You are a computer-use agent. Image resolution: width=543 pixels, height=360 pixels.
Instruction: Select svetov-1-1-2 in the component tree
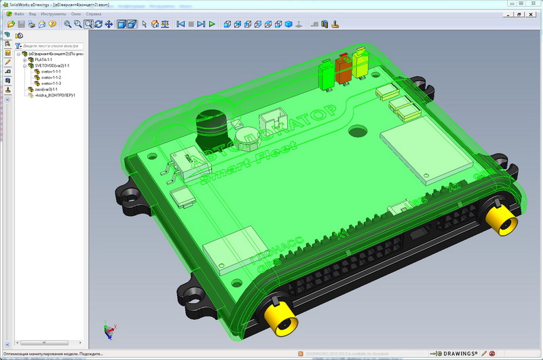tap(51, 77)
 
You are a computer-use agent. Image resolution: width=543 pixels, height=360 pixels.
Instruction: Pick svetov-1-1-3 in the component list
tap(51, 84)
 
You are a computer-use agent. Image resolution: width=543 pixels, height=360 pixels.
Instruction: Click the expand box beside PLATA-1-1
tap(24, 60)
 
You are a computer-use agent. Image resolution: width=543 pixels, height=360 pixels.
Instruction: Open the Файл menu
tap(19, 14)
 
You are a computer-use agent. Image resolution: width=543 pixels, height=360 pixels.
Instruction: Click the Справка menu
tap(94, 14)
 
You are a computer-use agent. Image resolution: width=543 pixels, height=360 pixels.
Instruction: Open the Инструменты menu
tap(54, 14)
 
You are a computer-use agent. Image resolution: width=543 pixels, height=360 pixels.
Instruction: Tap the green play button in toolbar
tap(212, 24)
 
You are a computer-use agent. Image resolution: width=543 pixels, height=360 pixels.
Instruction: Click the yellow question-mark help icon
tap(52, 24)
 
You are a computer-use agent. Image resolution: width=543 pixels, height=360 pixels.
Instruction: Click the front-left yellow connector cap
tap(278, 317)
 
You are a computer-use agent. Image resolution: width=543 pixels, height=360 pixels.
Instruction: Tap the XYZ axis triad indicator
tap(108, 331)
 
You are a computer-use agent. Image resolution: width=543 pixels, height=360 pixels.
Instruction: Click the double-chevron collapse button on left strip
tap(7, 99)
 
